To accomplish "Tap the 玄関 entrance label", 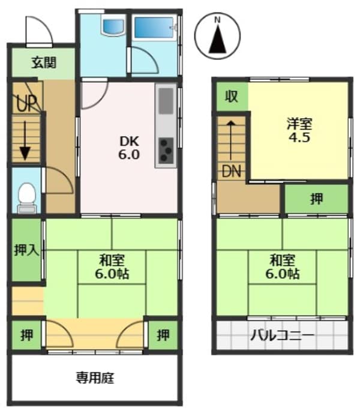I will pos(44,61).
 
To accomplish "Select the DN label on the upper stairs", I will pos(232,170).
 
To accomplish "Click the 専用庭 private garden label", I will pos(95,378).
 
